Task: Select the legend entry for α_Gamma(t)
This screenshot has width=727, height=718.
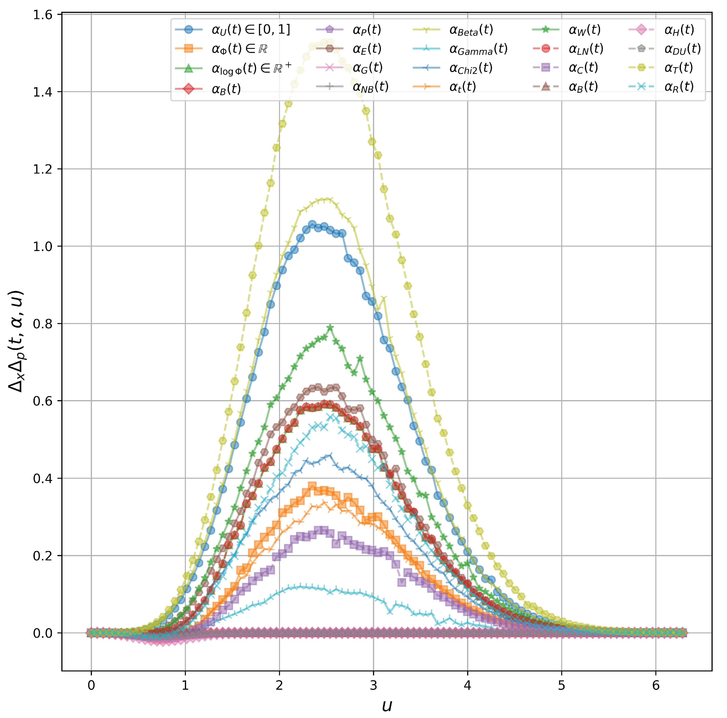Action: point(478,49)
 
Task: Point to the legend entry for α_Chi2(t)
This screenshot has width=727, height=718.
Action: point(470,68)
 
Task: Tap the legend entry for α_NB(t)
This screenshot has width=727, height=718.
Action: point(370,87)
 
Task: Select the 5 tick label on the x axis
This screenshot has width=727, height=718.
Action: point(561,685)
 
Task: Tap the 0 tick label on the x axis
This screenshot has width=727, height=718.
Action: point(91,685)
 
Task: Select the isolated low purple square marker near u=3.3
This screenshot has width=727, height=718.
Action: point(401,582)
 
